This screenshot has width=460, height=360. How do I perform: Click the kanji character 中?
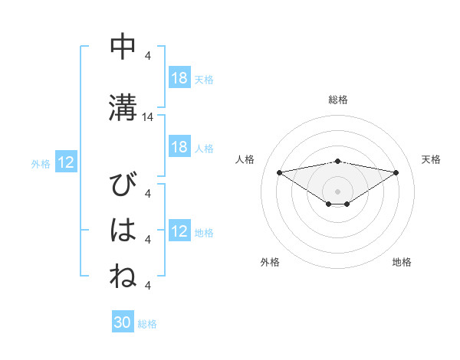coord(123,47)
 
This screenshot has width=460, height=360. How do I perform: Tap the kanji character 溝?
coord(123,108)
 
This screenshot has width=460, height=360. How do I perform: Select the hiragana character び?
coord(123,186)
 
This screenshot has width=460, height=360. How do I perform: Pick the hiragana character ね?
coord(123,277)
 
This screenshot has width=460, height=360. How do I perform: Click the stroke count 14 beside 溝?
coord(148,117)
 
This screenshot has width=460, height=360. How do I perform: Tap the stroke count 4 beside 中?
coord(148,56)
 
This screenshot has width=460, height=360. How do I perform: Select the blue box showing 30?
coord(122,322)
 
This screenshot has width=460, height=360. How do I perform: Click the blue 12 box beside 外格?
coord(66,162)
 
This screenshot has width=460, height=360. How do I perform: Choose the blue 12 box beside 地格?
coord(179,232)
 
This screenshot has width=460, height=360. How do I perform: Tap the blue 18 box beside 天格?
coord(179,78)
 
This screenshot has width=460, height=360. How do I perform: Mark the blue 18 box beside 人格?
coord(179,147)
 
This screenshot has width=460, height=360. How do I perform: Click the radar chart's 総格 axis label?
coord(338,100)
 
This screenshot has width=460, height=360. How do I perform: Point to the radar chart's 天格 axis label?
coord(431,159)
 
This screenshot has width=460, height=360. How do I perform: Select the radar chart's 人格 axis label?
coord(245,159)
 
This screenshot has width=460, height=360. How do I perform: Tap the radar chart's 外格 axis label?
coord(270,263)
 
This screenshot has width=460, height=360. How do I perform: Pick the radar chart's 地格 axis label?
coord(402,263)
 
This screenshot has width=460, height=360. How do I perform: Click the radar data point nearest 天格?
coord(396,172)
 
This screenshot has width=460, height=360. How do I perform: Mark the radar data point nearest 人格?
coord(279,172)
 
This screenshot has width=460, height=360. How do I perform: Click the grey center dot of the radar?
coord(337,191)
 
